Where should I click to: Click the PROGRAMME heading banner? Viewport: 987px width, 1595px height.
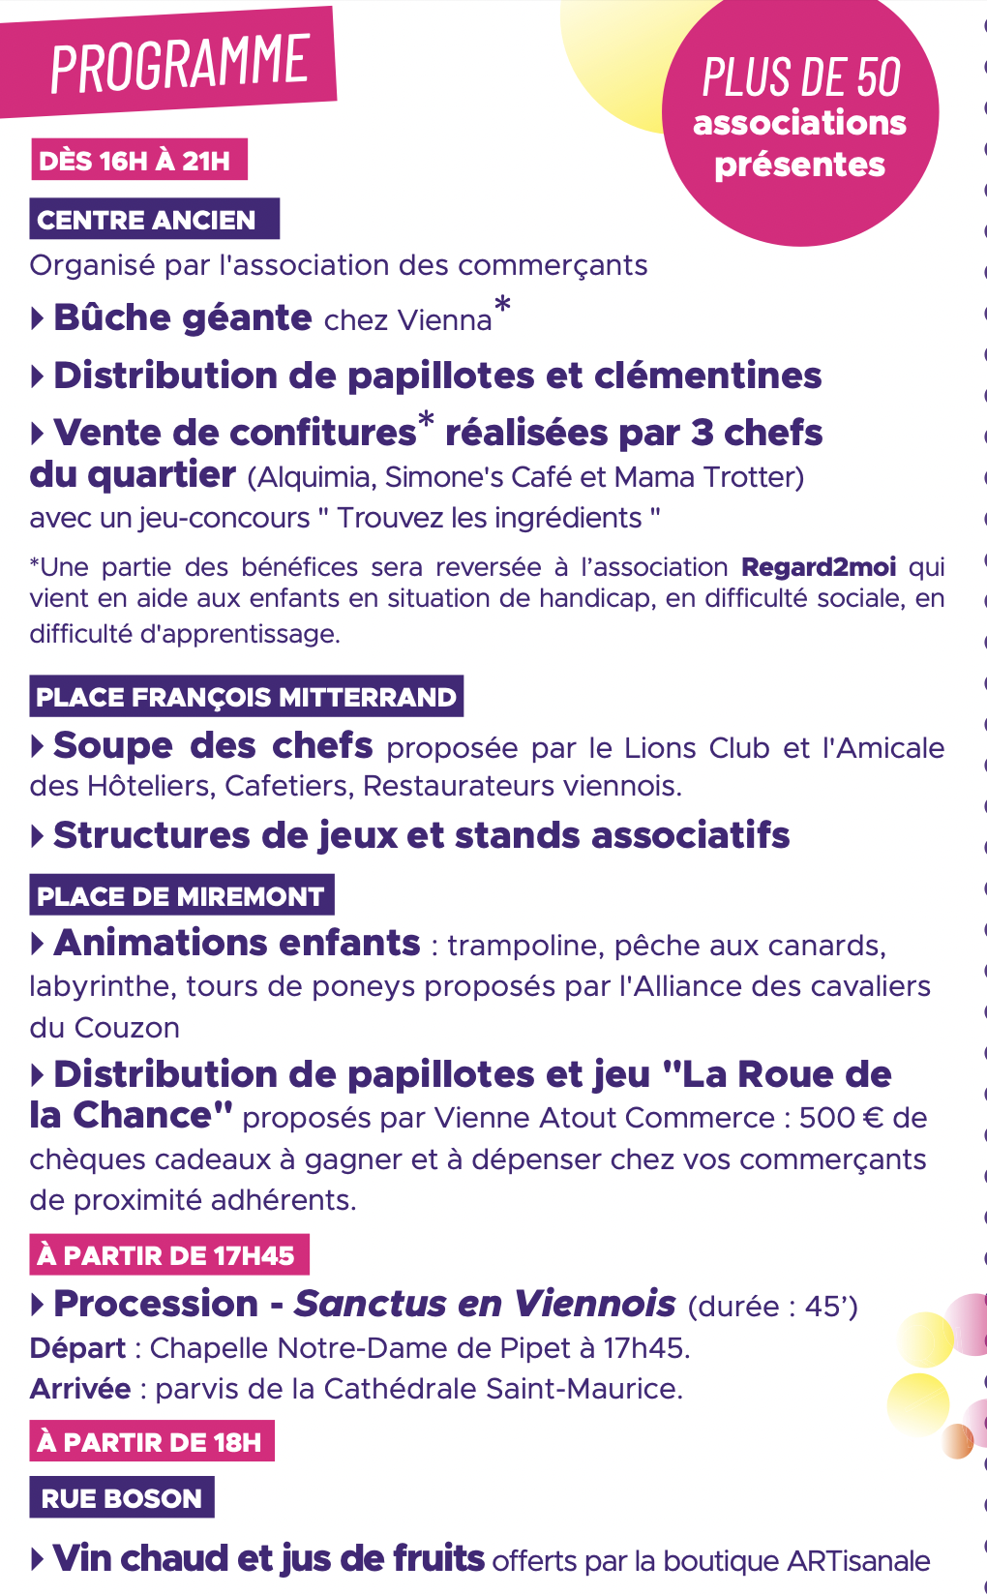[179, 63]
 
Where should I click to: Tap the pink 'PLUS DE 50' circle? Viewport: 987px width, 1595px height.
[800, 121]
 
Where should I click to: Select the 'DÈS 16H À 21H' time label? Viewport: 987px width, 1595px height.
[135, 161]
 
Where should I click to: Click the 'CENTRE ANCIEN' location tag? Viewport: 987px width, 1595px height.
[147, 221]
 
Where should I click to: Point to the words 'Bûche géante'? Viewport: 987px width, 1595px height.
[183, 318]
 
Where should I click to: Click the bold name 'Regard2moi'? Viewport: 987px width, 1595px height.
[819, 567]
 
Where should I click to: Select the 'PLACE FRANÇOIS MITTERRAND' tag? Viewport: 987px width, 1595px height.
[246, 697]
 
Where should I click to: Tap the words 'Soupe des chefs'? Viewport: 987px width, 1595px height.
[213, 746]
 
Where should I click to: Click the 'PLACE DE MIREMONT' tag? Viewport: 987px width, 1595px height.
[181, 896]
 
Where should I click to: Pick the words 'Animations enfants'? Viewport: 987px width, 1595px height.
[237, 944]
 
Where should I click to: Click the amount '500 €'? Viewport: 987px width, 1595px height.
[841, 1118]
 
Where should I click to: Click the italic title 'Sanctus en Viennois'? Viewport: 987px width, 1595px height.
[485, 1305]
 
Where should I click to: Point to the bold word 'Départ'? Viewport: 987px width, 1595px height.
[77, 1348]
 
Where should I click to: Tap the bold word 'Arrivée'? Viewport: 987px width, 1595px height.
[80, 1389]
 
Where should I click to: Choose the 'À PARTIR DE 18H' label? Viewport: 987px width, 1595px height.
[150, 1442]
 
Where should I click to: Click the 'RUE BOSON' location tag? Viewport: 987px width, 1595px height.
[122, 1498]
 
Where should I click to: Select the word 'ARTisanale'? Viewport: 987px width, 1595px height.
[859, 1561]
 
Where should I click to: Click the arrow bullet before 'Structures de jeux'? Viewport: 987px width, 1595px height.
[38, 836]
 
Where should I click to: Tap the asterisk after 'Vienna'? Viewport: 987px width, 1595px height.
[502, 307]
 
